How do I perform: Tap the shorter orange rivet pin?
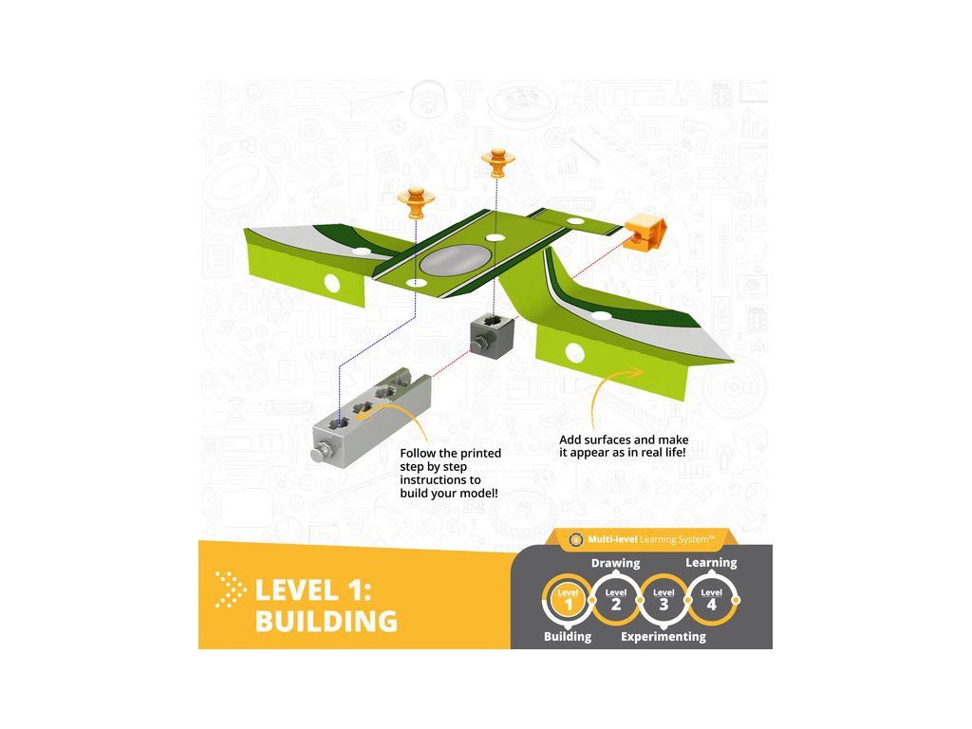(x=415, y=201)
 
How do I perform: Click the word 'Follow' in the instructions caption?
(x=421, y=454)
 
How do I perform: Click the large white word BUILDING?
(x=326, y=622)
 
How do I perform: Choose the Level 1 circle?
(x=568, y=601)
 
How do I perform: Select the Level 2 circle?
(x=616, y=601)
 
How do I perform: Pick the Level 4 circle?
(x=710, y=601)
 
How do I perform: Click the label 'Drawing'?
(x=616, y=563)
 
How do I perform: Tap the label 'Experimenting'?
(x=663, y=637)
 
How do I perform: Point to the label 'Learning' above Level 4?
(x=711, y=563)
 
